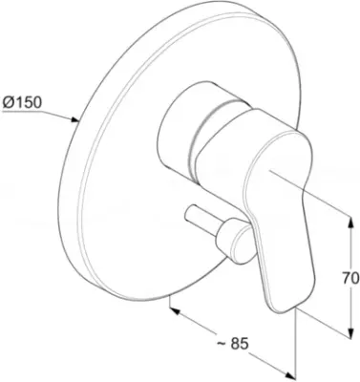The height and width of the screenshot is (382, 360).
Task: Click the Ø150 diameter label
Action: point(22,102)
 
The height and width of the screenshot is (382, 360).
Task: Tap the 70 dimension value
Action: point(351,278)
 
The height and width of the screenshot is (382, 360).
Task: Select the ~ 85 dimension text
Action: point(232,344)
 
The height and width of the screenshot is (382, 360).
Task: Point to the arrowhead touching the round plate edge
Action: point(74,119)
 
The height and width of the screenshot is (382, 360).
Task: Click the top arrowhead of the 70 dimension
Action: point(350,222)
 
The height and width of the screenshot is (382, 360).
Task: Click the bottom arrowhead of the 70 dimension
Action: point(350,333)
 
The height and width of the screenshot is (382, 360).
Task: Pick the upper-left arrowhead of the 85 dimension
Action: point(175,310)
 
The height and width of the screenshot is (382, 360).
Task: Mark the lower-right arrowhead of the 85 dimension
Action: point(287,374)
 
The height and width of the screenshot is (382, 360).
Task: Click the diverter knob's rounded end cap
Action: point(243,244)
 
